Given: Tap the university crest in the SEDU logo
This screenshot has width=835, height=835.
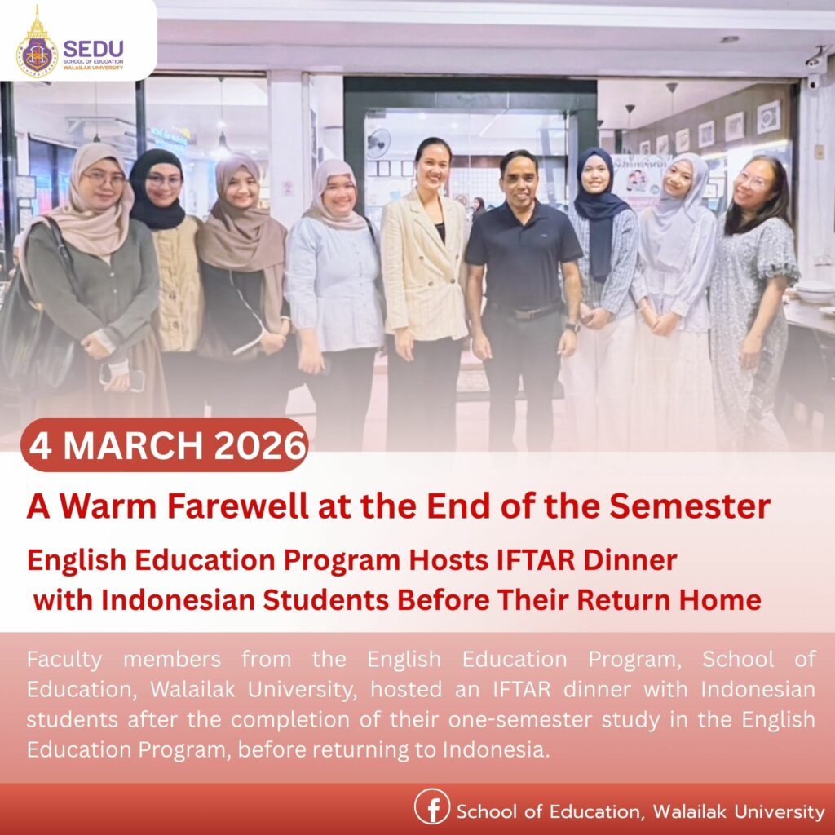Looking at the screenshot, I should [37, 49].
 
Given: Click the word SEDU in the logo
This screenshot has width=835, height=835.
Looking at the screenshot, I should [93, 48].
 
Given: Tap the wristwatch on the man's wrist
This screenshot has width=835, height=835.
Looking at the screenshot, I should [573, 326].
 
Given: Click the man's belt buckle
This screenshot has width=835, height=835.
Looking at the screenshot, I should [521, 312].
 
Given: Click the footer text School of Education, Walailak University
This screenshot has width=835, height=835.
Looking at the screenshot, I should [640, 811].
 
